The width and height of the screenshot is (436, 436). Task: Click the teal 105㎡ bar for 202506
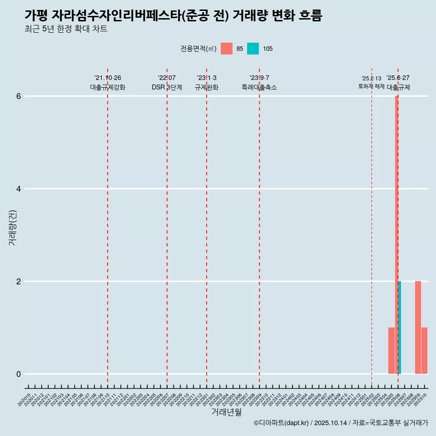pyautogui.click(x=400, y=327)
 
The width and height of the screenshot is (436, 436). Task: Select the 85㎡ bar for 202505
pyautogui.click(x=391, y=350)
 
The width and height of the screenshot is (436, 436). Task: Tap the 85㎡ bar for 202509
pyautogui.click(x=418, y=327)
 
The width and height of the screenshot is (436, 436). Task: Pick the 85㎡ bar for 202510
pyautogui.click(x=424, y=350)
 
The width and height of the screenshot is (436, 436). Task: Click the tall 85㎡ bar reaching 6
pyautogui.click(x=396, y=227)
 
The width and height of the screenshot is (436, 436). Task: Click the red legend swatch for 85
pyautogui.click(x=227, y=49)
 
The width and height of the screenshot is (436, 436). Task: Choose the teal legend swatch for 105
pyautogui.click(x=253, y=49)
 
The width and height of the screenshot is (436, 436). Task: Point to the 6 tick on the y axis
pyautogui.click(x=19, y=96)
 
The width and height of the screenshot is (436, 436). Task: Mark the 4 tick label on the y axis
pyautogui.click(x=19, y=189)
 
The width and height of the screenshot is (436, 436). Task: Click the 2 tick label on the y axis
pyautogui.click(x=19, y=282)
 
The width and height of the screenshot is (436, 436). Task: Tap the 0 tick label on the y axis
pyautogui.click(x=19, y=374)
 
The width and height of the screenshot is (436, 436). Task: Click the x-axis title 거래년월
pyautogui.click(x=227, y=412)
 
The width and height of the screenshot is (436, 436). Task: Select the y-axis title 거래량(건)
pyautogui.click(x=13, y=227)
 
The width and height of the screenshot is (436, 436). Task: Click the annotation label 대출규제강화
pyautogui.click(x=108, y=88)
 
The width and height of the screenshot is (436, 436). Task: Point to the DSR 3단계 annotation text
pyautogui.click(x=167, y=88)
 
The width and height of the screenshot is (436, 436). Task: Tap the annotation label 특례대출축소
pyautogui.click(x=259, y=88)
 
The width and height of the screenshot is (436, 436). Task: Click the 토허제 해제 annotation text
pyautogui.click(x=371, y=86)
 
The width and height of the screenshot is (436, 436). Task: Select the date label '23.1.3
pyautogui.click(x=207, y=78)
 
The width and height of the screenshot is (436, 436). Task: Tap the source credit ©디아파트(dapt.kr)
pyautogui.click(x=281, y=423)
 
